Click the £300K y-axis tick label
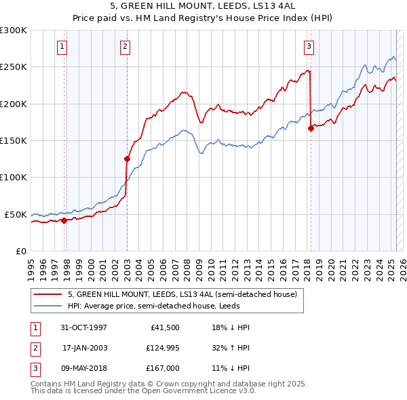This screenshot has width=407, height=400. [x=14, y=31]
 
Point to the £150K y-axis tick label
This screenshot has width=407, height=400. [x=14, y=141]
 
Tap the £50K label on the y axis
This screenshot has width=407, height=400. [x=16, y=214]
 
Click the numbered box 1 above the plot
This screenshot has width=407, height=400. [x=62, y=47]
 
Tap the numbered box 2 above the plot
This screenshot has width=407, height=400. [x=125, y=47]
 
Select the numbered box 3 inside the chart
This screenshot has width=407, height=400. [x=309, y=47]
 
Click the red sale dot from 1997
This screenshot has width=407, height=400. [x=64, y=220]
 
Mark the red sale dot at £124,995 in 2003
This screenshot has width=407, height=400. [x=127, y=159]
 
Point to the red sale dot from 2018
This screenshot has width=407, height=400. [x=311, y=127]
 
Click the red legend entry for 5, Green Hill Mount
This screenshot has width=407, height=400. [x=182, y=294]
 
